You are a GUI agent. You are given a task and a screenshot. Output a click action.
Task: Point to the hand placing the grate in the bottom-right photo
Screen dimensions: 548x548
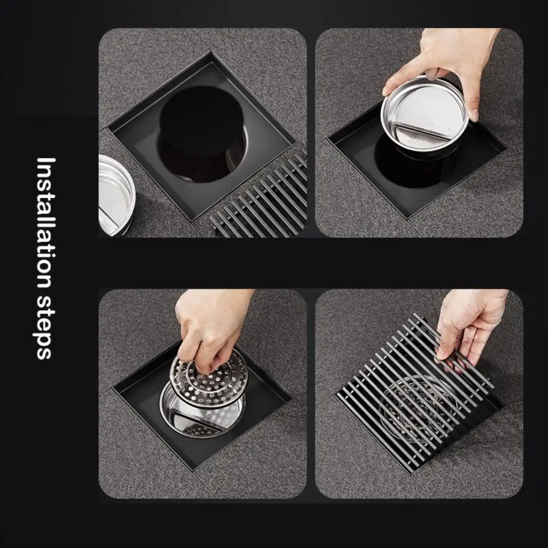coord(471,323)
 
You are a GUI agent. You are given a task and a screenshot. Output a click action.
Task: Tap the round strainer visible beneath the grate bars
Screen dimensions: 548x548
coord(416,406)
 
